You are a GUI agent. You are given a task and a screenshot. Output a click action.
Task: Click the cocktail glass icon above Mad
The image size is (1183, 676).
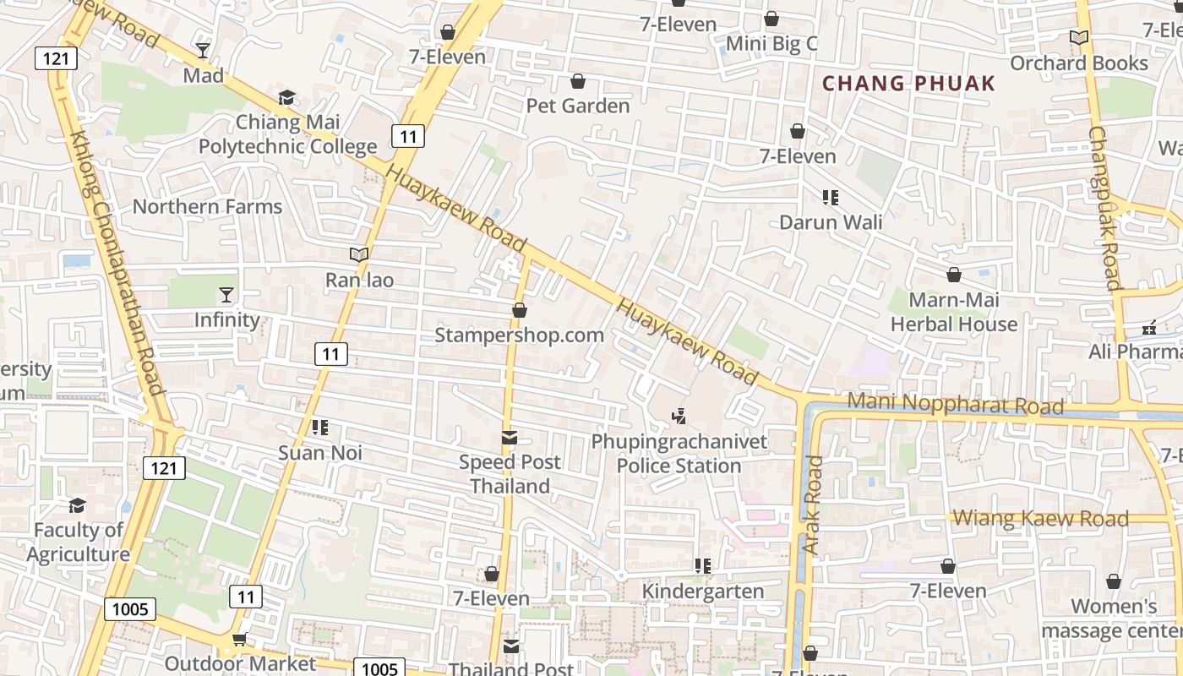click(203, 50)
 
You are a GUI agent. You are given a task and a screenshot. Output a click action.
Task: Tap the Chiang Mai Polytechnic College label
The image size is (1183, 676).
click(287, 134)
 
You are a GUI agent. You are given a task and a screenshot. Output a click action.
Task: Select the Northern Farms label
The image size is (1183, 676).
click(207, 206)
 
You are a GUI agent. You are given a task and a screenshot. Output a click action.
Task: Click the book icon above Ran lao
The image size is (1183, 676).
click(359, 254)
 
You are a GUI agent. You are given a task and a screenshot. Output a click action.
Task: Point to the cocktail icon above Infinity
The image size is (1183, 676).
click(226, 294)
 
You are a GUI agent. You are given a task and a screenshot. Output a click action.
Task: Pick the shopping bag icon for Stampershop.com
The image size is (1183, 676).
click(520, 310)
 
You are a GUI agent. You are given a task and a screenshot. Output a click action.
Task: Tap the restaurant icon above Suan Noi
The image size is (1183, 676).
click(320, 428)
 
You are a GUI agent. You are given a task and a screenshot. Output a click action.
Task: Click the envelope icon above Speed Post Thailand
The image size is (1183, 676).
click(510, 437)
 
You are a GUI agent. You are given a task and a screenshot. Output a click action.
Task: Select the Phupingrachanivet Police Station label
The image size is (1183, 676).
click(679, 454)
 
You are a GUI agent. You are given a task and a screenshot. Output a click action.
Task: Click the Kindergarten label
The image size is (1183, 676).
click(703, 591)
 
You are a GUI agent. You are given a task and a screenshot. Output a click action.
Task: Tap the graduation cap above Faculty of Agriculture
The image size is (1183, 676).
click(78, 505)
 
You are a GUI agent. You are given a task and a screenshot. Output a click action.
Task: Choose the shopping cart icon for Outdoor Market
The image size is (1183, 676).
click(239, 640)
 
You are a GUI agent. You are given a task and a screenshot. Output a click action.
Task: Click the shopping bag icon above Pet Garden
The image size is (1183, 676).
click(578, 81)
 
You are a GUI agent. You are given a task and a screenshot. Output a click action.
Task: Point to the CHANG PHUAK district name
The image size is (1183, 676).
click(908, 84)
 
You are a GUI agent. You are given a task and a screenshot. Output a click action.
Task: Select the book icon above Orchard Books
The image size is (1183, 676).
click(1078, 37)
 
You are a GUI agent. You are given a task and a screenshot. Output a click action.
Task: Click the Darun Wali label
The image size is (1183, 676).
click(831, 222)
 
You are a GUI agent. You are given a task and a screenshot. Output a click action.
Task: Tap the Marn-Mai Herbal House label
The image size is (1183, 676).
click(954, 312)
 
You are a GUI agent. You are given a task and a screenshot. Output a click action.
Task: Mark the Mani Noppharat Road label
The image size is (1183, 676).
click(955, 403)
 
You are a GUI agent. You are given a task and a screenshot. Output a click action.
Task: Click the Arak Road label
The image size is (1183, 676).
click(813, 505)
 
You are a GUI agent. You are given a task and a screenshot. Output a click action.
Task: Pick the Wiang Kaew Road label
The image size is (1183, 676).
click(1040, 518)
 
